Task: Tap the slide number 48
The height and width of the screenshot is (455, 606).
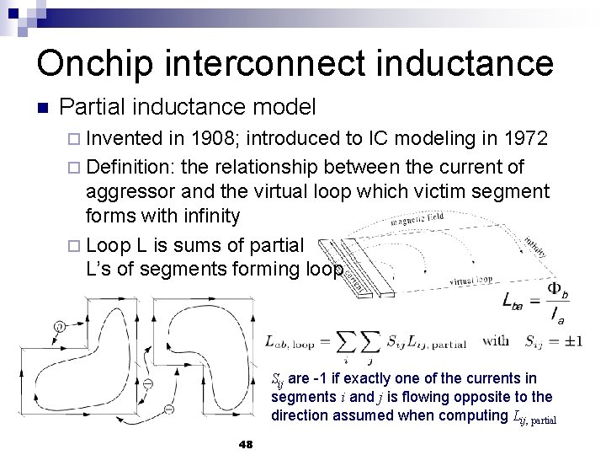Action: tap(246, 443)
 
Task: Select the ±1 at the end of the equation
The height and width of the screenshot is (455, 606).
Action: tap(566, 341)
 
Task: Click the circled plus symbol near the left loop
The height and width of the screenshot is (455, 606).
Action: tap(60, 327)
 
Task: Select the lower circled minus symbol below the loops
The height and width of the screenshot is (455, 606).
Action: tap(168, 409)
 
